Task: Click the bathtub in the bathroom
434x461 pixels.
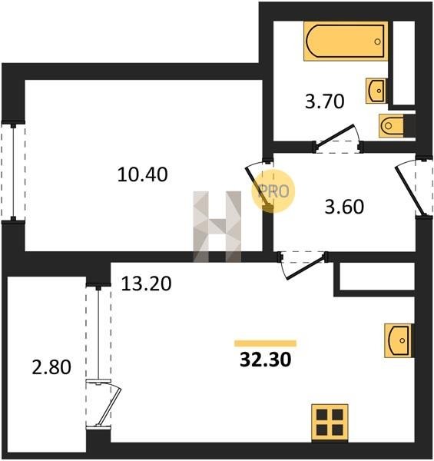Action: click(x=346, y=41)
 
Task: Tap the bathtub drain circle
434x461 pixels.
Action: click(x=378, y=41)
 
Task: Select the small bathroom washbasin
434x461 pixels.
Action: click(x=376, y=91)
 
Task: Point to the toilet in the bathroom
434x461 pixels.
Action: click(x=392, y=125)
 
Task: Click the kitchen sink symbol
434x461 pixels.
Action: click(x=398, y=340)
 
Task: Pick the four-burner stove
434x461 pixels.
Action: click(x=330, y=423)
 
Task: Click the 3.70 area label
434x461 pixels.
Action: click(x=324, y=101)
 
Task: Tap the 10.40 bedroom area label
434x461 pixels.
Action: click(x=143, y=174)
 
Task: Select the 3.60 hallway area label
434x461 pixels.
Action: click(x=344, y=207)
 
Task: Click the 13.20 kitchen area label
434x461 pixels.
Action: click(x=146, y=284)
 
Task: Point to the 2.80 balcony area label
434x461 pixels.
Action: click(x=51, y=367)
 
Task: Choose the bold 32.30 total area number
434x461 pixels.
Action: click(x=265, y=360)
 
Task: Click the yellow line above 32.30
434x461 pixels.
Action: click(x=265, y=343)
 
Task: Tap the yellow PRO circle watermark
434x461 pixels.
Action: click(x=273, y=191)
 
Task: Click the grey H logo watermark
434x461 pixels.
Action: click(x=217, y=227)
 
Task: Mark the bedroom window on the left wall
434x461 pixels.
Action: click(x=13, y=172)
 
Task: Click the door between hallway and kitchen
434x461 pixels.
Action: click(x=306, y=267)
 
